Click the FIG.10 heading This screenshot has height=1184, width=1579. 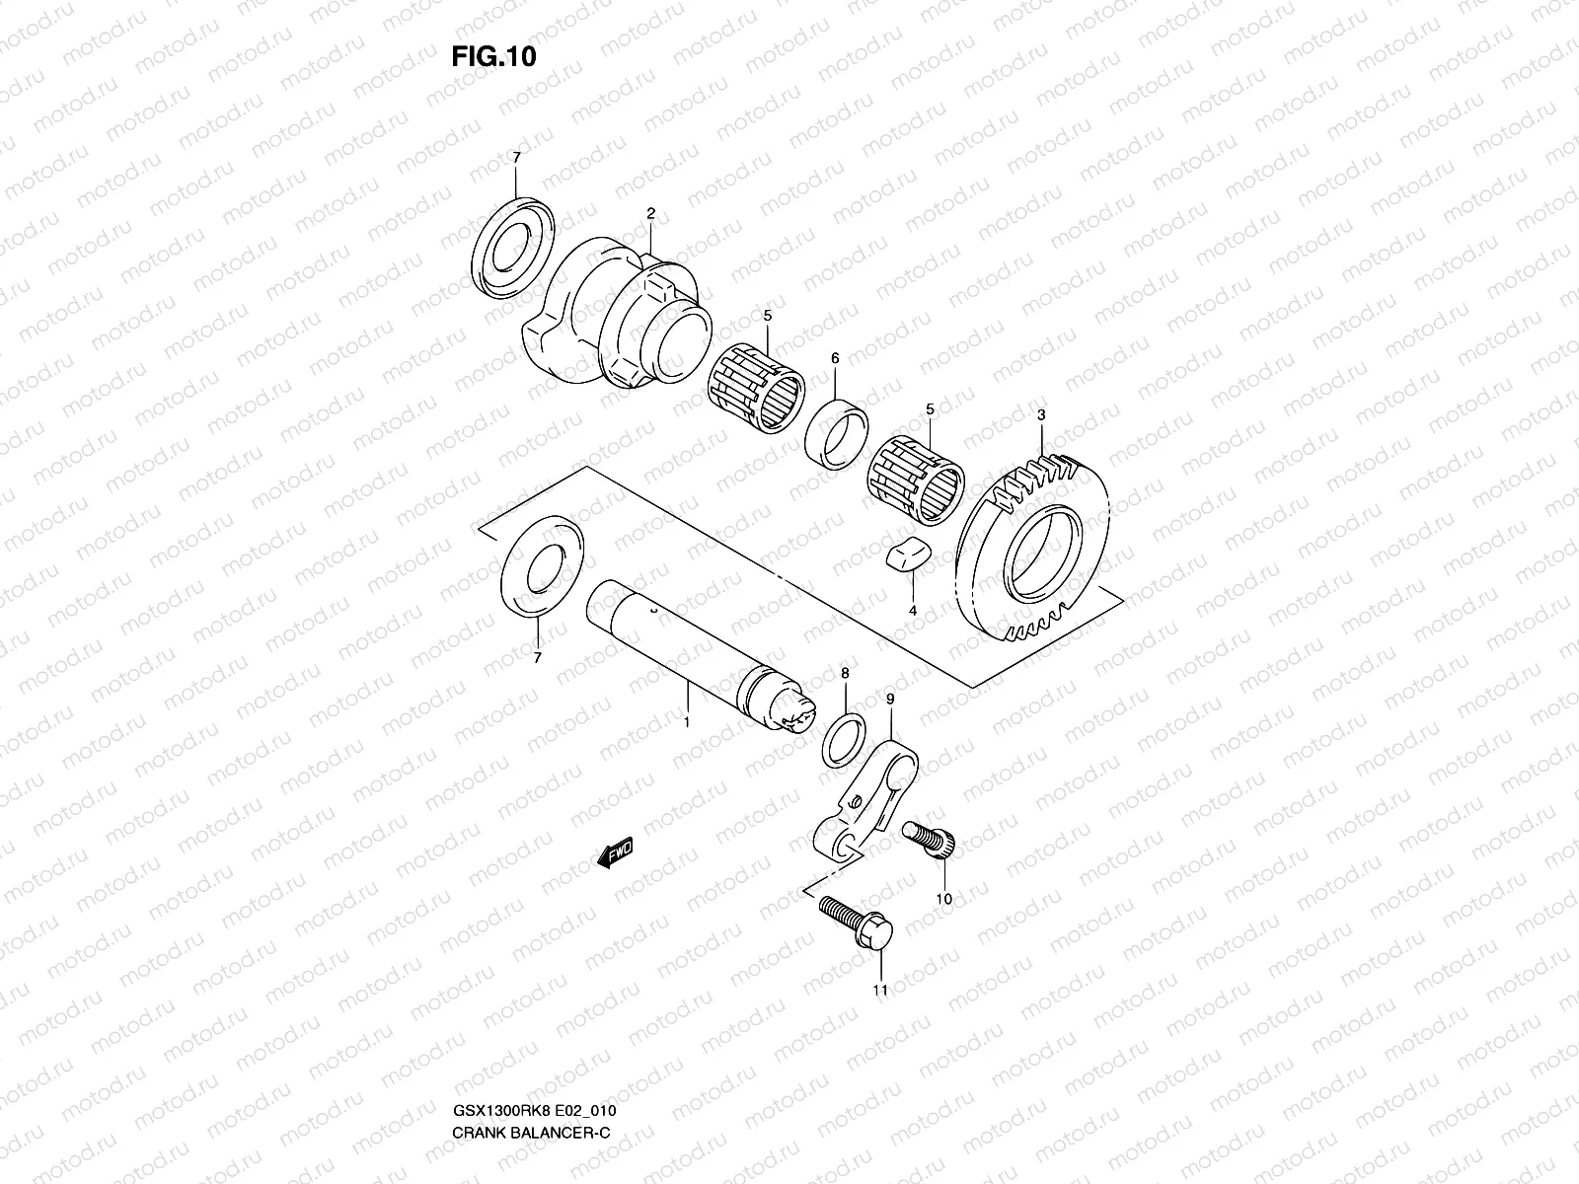click(x=493, y=57)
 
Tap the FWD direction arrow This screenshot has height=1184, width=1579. click(x=615, y=853)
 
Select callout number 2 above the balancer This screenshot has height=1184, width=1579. click(x=651, y=213)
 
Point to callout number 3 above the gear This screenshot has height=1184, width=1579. click(x=1041, y=415)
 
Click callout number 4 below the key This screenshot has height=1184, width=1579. click(x=913, y=612)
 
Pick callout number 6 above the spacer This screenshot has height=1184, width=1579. click(x=835, y=359)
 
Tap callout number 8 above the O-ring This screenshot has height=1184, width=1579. click(x=844, y=673)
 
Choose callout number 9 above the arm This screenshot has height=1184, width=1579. click(x=890, y=700)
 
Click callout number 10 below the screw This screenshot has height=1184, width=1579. click(x=943, y=899)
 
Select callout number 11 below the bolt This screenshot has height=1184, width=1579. click(x=880, y=990)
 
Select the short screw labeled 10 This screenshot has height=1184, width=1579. click(x=929, y=842)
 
